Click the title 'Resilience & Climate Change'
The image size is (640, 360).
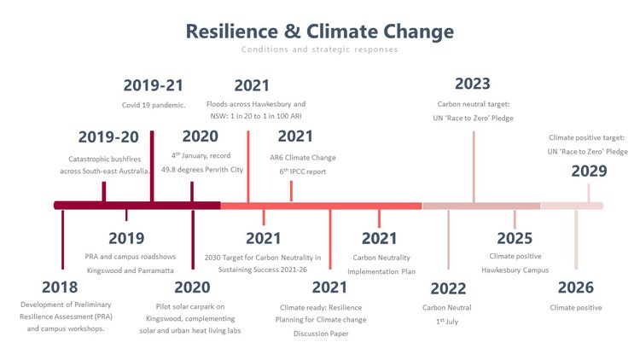[x=320, y=32]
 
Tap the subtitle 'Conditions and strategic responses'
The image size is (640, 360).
[x=320, y=50]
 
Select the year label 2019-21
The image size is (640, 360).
[x=154, y=85]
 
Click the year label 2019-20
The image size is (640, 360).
[x=108, y=137]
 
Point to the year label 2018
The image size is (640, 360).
[x=60, y=287]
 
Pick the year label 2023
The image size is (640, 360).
[x=473, y=84]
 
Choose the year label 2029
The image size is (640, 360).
[x=589, y=171]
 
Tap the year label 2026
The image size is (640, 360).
[x=576, y=287]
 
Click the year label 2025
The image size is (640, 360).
[x=515, y=239]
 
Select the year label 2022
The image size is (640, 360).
[x=447, y=287]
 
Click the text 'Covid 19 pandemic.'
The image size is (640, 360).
[x=154, y=105]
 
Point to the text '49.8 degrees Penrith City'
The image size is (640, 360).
[x=202, y=170]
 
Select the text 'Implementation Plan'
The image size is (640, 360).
[x=384, y=271]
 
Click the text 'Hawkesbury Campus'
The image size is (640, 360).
[x=515, y=270]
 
